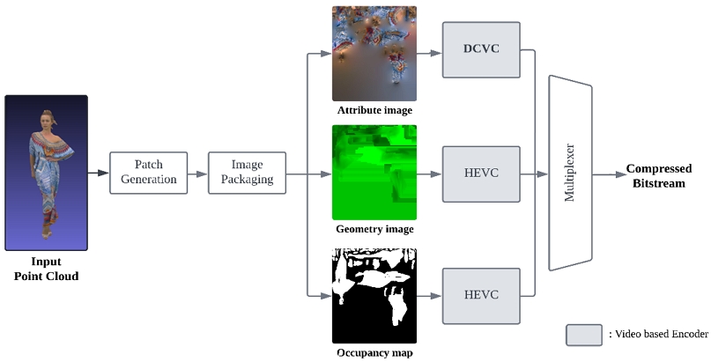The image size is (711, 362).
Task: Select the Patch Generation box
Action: point(149,173)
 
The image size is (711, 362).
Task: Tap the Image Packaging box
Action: point(248,173)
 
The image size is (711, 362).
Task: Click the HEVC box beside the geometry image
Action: point(481,173)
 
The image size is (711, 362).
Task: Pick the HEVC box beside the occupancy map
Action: point(481,295)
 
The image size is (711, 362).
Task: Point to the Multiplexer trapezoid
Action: point(569,173)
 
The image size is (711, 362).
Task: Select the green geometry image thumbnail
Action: point(374,173)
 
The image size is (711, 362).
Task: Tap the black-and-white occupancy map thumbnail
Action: point(374,295)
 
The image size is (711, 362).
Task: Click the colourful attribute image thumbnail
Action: point(374,54)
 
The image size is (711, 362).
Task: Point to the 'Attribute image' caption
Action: point(374,111)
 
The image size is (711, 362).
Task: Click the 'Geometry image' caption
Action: point(374,230)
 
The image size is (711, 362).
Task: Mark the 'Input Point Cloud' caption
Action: point(46,270)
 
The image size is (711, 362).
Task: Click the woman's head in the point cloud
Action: point(47,116)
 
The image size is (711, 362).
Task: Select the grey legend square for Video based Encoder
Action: point(582,335)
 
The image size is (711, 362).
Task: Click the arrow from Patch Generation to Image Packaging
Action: point(198,173)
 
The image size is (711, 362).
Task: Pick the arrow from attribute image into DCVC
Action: point(429,53)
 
